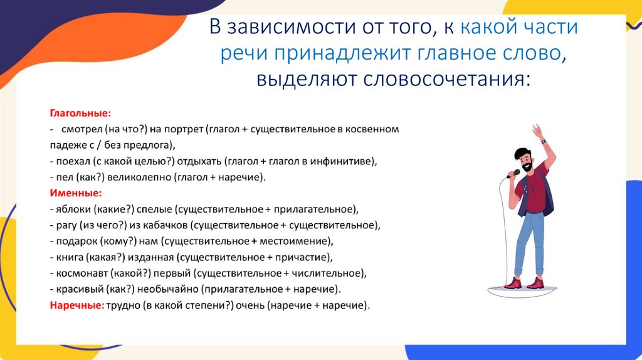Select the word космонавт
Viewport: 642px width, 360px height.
tap(82, 273)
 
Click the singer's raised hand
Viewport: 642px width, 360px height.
tap(537, 131)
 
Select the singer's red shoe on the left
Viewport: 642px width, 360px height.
tap(512, 283)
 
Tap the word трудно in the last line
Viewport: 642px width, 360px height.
tap(122, 305)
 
